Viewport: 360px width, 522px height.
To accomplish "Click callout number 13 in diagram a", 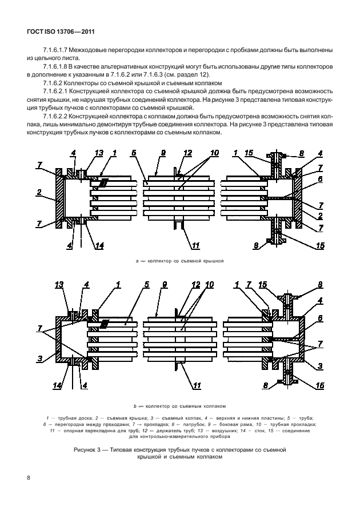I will point(98,153).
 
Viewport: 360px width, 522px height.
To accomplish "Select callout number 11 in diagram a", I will point(195,246).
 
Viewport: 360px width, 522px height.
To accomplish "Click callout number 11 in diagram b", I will point(197,386).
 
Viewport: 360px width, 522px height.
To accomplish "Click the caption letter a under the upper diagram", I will point(138,261).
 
